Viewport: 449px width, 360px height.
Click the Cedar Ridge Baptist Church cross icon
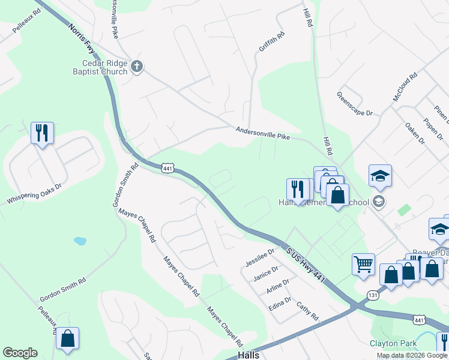pos(137,66)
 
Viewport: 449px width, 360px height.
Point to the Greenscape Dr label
pos(354,104)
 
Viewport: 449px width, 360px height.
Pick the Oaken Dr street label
pos(415,133)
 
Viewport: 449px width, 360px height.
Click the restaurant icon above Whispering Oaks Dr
pos(42,133)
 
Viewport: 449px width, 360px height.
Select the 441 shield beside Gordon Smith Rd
pos(167,170)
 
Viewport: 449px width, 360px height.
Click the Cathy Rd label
pos(307,310)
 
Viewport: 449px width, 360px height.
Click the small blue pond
pos(80,241)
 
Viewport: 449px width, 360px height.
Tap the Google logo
pos(20,353)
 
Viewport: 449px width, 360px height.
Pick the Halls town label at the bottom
pos(249,355)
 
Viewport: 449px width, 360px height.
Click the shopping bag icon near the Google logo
pos(68,338)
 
